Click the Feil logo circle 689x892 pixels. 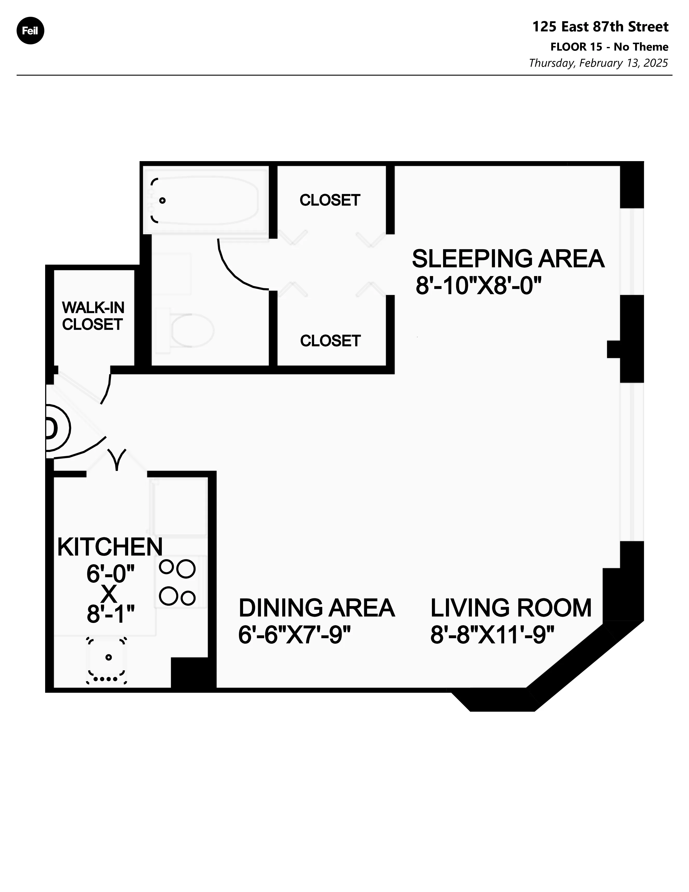[x=30, y=31]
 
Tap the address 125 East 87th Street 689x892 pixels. [x=600, y=27]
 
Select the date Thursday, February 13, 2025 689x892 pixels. [x=598, y=63]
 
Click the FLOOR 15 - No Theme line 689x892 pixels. [x=609, y=47]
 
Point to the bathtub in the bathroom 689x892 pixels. [x=206, y=200]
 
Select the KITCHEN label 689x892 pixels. [x=110, y=547]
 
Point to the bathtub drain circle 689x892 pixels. [x=162, y=201]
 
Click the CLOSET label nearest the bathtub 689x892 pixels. [x=330, y=200]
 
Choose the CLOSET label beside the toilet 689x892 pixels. [x=330, y=341]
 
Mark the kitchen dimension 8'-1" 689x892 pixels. [x=110, y=613]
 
